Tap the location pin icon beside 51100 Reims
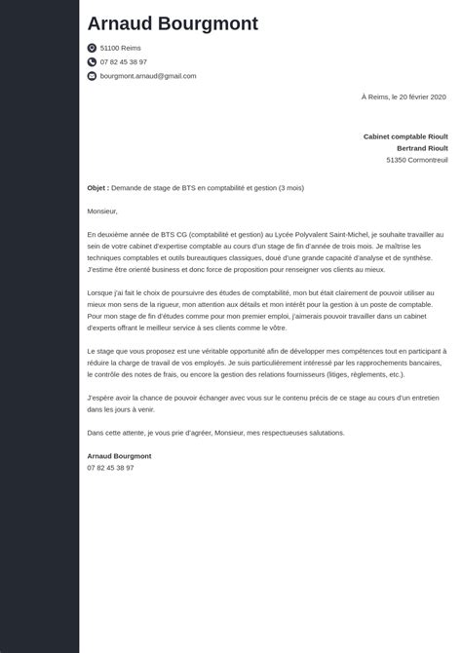[92, 48]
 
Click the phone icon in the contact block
[92, 61]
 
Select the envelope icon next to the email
[92, 76]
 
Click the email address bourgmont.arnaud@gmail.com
[148, 76]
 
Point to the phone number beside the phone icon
[123, 61]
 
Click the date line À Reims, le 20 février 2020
[404, 96]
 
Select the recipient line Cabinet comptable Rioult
[404, 136]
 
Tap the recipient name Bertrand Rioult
[421, 148]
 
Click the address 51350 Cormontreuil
[416, 160]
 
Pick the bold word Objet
[96, 187]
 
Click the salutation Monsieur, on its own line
[102, 211]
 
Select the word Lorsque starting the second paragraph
[101, 292]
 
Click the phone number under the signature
[110, 467]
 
